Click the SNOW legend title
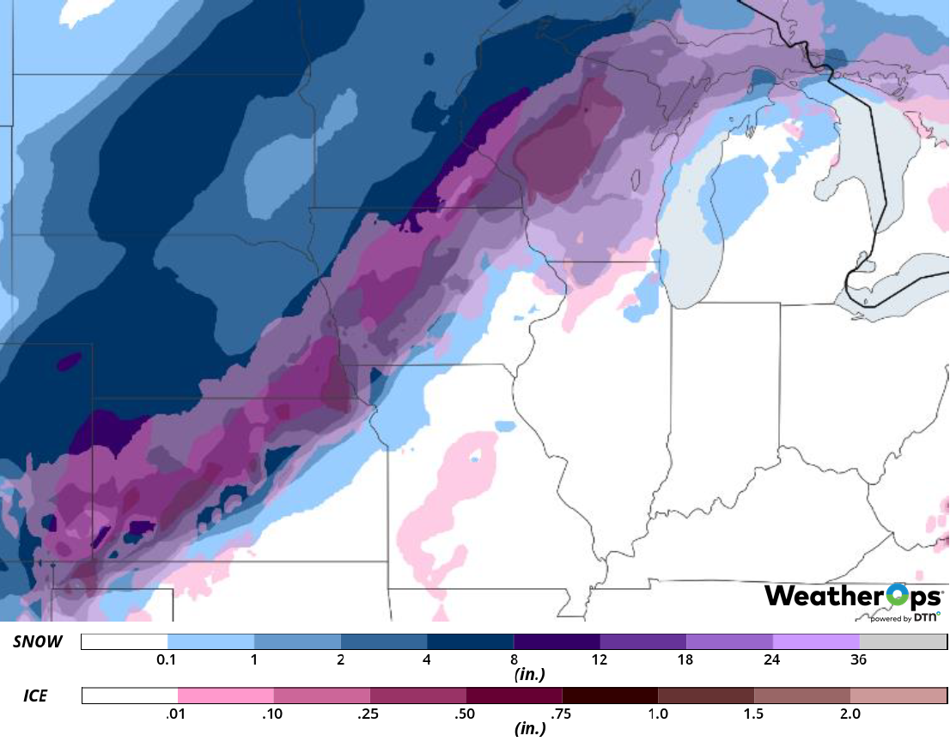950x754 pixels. pyautogui.click(x=38, y=642)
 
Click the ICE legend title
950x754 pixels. pyautogui.click(x=35, y=695)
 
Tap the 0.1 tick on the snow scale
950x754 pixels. pyautogui.click(x=167, y=660)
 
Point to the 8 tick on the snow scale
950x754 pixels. pyautogui.click(x=514, y=660)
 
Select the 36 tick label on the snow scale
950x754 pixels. pyautogui.click(x=858, y=660)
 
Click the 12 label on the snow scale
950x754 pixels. pyautogui.click(x=600, y=660)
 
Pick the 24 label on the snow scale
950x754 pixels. pyautogui.click(x=772, y=660)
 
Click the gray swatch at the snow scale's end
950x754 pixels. pyautogui.click(x=903, y=642)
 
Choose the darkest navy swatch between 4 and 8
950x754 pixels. pyautogui.click(x=470, y=642)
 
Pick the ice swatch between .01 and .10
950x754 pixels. pyautogui.click(x=225, y=695)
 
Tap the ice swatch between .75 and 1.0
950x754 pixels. pyautogui.click(x=609, y=695)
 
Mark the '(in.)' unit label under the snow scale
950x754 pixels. pyautogui.click(x=526, y=676)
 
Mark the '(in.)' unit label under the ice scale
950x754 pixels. pyautogui.click(x=526, y=729)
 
